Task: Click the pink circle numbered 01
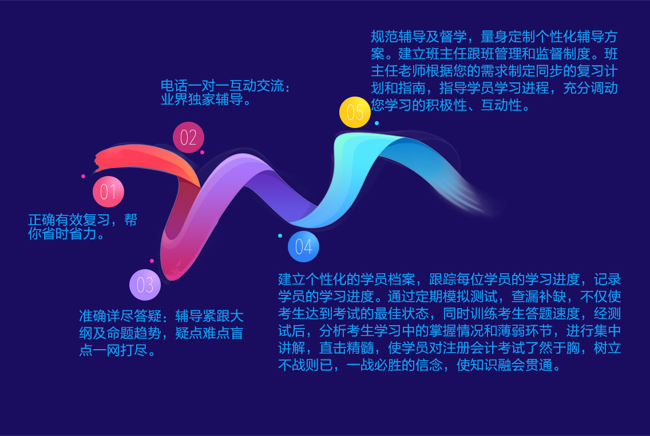[108, 191]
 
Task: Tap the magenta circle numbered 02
[189, 138]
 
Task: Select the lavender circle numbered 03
[145, 285]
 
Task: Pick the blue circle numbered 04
[303, 247]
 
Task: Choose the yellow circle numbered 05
[355, 112]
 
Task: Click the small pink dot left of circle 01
[84, 177]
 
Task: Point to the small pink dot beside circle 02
[203, 153]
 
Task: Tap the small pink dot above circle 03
[152, 261]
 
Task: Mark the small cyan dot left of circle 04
[280, 235]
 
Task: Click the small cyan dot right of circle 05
[377, 123]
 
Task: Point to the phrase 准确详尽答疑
[120, 316]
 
